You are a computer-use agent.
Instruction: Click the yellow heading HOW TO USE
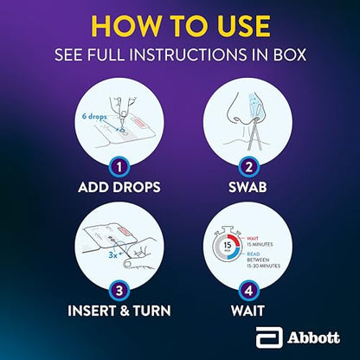tap(181, 26)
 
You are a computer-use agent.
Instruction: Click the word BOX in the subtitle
tap(290, 55)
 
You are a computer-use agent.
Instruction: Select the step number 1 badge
tap(119, 167)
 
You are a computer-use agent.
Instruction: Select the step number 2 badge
tap(248, 167)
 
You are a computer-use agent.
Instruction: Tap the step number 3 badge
tap(119, 291)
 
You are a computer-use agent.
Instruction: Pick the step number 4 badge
tap(248, 291)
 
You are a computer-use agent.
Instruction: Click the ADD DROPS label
tap(119, 187)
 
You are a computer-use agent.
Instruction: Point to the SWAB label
tap(247, 187)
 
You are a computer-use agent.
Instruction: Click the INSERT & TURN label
tap(119, 311)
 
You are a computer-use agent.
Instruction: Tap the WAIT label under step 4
tap(247, 311)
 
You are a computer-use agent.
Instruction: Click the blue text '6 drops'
tap(94, 116)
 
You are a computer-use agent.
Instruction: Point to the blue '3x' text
tap(112, 254)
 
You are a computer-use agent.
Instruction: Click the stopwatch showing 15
tap(228, 245)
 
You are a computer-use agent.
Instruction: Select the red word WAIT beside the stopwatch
tap(253, 238)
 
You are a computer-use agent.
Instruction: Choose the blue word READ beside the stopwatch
tap(254, 254)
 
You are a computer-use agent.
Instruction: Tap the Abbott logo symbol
tap(269, 337)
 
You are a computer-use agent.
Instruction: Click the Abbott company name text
tap(313, 337)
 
